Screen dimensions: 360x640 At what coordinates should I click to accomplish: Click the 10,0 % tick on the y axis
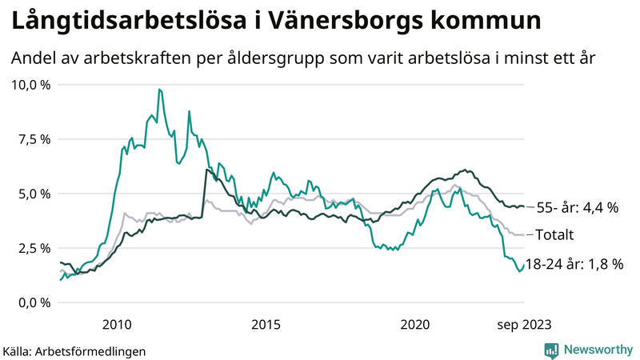29,85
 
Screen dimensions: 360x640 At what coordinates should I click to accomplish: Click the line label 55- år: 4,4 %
577,207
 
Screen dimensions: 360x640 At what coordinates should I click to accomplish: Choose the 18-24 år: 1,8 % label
574,263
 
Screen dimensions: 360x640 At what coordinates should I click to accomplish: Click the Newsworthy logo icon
551,350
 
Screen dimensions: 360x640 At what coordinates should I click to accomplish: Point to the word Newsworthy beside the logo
600,350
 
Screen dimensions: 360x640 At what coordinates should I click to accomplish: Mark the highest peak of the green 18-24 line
160,89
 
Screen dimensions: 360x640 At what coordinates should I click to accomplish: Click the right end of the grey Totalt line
524,234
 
